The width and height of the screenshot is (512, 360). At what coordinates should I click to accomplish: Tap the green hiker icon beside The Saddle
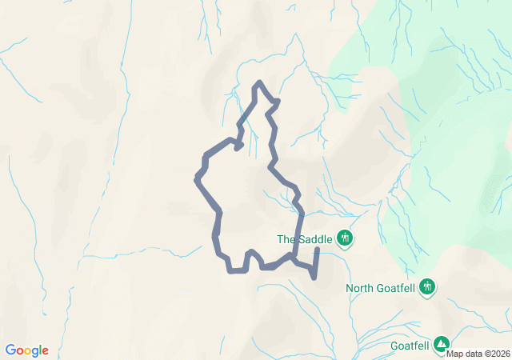[346, 238]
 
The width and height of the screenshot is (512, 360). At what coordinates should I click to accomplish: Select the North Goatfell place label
[381, 287]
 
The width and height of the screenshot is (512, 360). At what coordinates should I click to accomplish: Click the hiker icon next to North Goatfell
[427, 286]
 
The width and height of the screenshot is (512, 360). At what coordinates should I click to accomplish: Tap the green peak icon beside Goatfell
[442, 345]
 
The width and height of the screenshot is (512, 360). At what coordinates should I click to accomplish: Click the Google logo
[26, 350]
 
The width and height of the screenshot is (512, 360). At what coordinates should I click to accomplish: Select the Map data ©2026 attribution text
[478, 354]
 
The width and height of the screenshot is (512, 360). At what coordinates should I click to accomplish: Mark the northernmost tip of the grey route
[258, 82]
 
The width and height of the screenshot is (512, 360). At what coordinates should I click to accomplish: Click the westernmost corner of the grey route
[197, 178]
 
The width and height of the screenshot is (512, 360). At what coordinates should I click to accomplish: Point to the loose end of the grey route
[318, 250]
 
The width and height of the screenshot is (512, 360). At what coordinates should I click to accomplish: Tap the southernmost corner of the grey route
[313, 278]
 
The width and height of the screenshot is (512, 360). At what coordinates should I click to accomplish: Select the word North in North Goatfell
[360, 287]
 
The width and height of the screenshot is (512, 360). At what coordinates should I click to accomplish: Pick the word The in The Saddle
[286, 238]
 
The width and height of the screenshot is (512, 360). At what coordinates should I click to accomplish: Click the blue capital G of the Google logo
[10, 350]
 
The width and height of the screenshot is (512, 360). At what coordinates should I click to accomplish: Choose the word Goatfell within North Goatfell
[396, 287]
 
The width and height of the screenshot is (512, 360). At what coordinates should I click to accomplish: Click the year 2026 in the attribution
[499, 354]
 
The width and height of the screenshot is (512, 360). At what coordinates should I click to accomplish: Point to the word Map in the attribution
[454, 354]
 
